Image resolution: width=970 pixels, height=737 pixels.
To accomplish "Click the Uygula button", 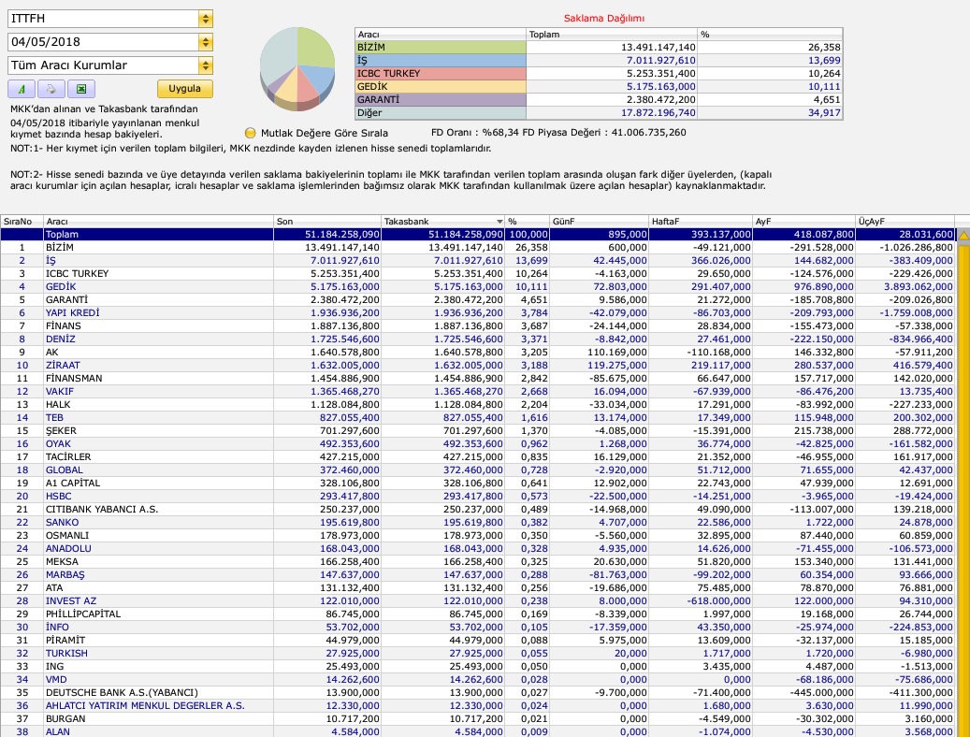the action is [185, 89].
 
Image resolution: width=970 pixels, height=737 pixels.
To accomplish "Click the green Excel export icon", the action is [81, 89].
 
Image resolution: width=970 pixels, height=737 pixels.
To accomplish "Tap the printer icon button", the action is [51, 89].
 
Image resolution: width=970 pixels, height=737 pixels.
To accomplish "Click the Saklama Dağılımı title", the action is [603, 19].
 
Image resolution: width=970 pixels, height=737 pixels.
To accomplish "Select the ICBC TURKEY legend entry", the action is [388, 74].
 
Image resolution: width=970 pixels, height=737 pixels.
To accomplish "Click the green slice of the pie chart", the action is [314, 47].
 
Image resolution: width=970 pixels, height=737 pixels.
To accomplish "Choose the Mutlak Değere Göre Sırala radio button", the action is [250, 133].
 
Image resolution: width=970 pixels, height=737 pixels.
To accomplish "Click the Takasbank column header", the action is [407, 222].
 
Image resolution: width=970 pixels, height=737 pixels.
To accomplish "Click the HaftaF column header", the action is [665, 222].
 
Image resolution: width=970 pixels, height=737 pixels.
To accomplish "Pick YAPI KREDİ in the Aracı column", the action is [72, 313].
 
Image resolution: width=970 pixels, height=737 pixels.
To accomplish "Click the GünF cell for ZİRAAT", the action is [616, 366].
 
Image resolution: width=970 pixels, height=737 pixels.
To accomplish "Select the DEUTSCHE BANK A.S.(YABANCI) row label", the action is [122, 692].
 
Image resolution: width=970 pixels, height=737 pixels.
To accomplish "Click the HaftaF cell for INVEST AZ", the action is [718, 600].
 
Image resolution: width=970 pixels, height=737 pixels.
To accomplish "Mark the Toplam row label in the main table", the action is [62, 235].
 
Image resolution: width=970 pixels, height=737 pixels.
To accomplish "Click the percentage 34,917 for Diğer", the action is [824, 113].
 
